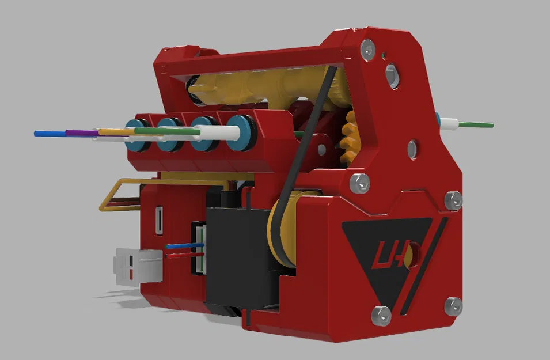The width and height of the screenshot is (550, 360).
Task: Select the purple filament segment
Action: click(81, 132)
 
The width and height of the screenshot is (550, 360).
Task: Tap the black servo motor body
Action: click(236, 259)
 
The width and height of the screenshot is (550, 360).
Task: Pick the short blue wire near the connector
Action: click(183, 246)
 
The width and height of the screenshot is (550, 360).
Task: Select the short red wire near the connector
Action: click(184, 254)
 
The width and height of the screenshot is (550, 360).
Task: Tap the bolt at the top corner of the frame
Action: click(367, 50)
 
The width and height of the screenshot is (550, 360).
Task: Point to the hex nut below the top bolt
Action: click(393, 75)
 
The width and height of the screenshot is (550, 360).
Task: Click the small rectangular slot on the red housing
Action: click(158, 221)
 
